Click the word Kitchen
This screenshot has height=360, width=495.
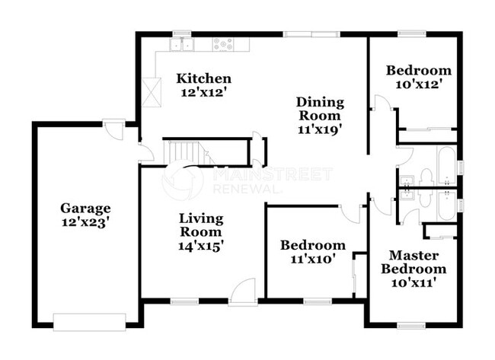tap(203, 79)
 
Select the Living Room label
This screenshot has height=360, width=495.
tap(201, 225)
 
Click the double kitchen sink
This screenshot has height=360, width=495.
tap(183, 45)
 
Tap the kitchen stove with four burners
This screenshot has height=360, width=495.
tap(223, 45)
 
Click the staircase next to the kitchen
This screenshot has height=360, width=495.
tap(183, 152)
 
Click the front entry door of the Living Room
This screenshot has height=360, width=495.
tap(243, 293)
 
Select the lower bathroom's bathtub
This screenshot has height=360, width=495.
tap(445, 203)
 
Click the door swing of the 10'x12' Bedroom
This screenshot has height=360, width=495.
tap(382, 107)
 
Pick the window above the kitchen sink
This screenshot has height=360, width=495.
tap(182, 33)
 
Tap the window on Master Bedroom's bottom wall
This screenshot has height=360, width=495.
tap(410, 326)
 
